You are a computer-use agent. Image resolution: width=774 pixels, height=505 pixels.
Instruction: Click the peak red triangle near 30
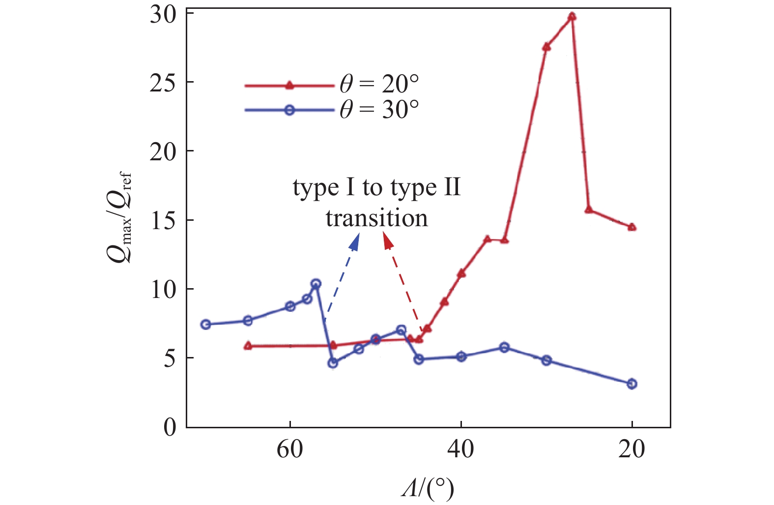coord(572,16)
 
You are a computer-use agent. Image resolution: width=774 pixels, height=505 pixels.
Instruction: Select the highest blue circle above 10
coord(316,284)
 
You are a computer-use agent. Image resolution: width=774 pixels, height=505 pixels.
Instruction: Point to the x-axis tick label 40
coord(460,449)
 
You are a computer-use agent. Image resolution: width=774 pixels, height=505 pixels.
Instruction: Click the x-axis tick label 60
coord(290,449)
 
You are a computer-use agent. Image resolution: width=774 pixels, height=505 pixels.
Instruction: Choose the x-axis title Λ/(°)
coord(427,488)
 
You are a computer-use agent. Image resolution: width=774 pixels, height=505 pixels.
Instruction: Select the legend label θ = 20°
coord(379,84)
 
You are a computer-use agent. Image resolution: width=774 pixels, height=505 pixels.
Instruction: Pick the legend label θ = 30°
coord(379,109)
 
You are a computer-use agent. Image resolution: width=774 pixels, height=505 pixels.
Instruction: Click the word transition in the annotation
coord(377,218)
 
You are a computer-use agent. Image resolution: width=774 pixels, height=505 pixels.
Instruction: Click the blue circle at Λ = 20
coord(632,384)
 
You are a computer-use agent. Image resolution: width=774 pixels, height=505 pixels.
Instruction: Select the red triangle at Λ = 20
coord(632,227)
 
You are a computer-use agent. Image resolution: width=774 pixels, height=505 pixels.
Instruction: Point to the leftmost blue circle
coord(206,324)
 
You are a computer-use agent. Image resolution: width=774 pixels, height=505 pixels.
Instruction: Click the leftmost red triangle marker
coord(248,346)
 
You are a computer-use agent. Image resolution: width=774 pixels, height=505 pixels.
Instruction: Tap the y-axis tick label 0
coord(170,427)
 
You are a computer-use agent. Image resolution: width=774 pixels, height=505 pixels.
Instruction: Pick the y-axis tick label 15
coord(163,221)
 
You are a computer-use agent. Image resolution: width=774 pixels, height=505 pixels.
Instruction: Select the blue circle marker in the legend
coord(289,110)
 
